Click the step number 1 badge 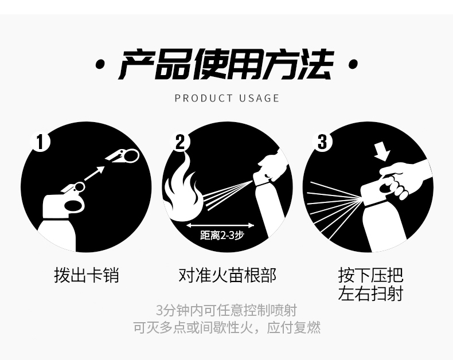[x=41, y=142]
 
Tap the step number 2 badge [x=180, y=142]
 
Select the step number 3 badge [x=322, y=142]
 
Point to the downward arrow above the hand [x=382, y=151]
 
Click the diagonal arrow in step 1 [x=94, y=174]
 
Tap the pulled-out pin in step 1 [x=122, y=156]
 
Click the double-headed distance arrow [x=220, y=225]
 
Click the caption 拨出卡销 [x=87, y=275]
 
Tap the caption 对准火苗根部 [x=228, y=275]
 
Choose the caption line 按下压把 [x=370, y=275]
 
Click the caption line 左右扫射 [x=370, y=294]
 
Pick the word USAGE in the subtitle [x=259, y=98]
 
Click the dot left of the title [x=100, y=64]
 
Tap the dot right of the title [x=353, y=64]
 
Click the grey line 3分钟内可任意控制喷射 [x=226, y=311]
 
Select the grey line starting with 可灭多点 [x=227, y=328]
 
